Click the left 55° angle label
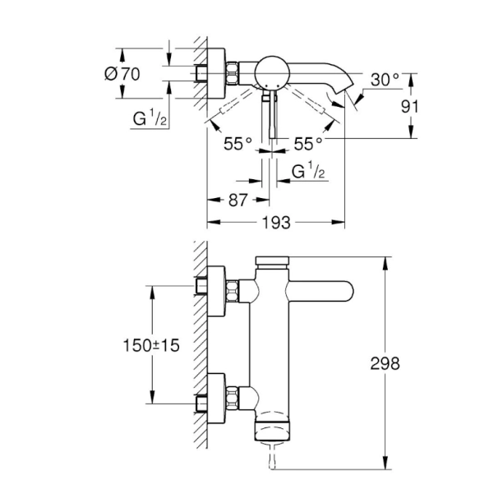(x=238, y=144)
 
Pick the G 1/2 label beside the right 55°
(x=309, y=172)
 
